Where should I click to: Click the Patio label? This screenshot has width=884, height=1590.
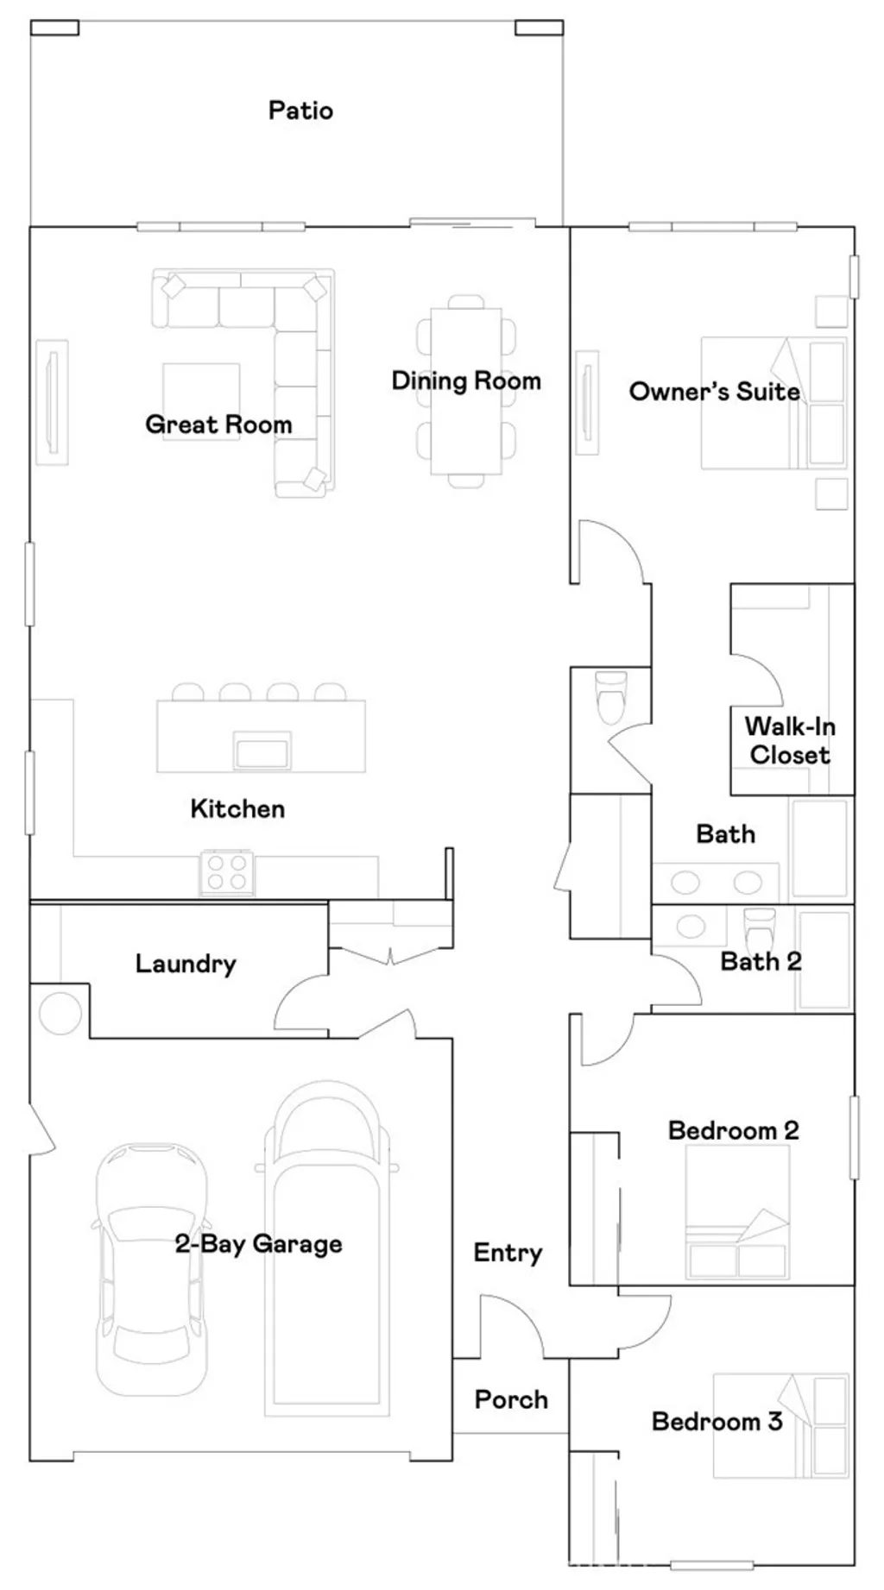[x=300, y=110]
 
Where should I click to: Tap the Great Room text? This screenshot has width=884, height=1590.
[x=218, y=424]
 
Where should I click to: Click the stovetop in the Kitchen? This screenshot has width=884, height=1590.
[x=227, y=871]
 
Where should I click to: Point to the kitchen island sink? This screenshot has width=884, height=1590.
[x=261, y=751]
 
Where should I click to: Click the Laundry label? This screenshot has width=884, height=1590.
[x=186, y=964]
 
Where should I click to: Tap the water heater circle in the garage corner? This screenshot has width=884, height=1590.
[x=60, y=1013]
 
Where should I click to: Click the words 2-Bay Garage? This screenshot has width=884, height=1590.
[x=258, y=1244]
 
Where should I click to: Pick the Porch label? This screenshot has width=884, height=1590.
[x=511, y=1399]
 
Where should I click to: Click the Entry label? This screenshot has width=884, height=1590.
[x=508, y=1253]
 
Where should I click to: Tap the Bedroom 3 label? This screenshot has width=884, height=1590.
[x=717, y=1421]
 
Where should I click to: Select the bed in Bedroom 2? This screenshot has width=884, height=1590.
[x=737, y=1216]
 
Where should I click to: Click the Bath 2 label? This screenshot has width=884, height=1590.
[x=761, y=961]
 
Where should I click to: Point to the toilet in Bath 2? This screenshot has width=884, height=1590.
[x=760, y=927]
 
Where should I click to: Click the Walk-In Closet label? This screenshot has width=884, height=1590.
[x=789, y=740]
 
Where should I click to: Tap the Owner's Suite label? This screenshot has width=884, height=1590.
[x=714, y=392]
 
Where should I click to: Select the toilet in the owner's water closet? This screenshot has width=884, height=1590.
[x=610, y=697]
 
